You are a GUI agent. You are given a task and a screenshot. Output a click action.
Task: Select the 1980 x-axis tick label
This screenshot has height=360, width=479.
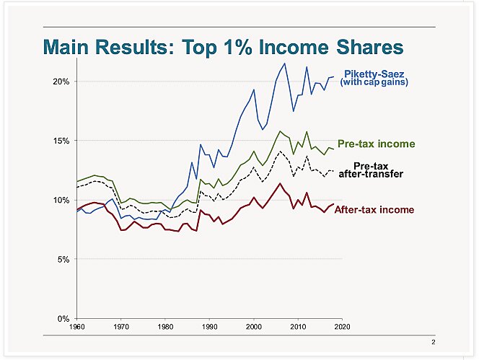coord(165,327)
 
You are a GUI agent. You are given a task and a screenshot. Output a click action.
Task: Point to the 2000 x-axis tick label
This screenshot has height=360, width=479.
coord(253,327)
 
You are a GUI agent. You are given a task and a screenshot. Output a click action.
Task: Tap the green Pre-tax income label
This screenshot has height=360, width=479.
coord(376,144)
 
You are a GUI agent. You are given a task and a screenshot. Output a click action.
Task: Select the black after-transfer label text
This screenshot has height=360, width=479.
coord(371,174)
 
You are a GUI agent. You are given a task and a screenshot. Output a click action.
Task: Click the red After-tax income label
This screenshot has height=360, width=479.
coord(374,209)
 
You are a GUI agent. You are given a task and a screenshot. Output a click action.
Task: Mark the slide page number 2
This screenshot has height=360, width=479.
coord(434,341)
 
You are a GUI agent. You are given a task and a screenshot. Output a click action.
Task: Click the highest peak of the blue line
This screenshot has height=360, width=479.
coord(285,63)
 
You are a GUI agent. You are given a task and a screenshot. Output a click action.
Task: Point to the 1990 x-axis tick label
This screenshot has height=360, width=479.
coord(209,327)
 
